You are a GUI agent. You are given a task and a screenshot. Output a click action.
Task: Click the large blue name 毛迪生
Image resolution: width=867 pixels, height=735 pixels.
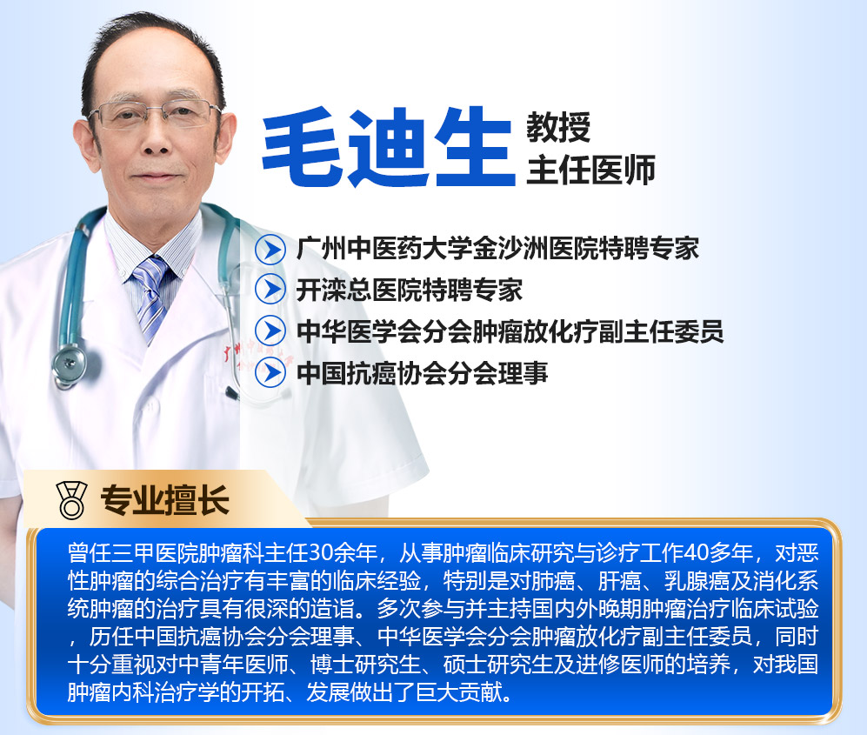pyautogui.click(x=389, y=147)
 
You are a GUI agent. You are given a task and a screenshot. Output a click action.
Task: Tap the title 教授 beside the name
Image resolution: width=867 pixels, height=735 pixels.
pyautogui.click(x=558, y=127)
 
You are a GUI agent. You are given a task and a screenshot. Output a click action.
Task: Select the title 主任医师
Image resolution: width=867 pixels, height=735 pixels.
pyautogui.click(x=590, y=170)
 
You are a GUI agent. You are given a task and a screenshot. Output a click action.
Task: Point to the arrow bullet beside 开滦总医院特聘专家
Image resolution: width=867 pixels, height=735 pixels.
pyautogui.click(x=270, y=290)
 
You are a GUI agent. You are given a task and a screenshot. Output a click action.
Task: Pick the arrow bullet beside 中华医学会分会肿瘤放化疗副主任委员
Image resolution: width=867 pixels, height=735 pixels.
pyautogui.click(x=270, y=331)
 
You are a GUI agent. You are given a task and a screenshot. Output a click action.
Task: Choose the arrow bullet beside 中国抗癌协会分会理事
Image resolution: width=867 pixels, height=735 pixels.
pyautogui.click(x=270, y=372)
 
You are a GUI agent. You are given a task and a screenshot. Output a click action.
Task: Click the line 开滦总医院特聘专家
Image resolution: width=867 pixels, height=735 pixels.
pyautogui.click(x=410, y=290)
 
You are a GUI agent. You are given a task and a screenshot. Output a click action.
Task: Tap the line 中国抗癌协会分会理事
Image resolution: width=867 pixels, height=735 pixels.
pyautogui.click(x=422, y=373)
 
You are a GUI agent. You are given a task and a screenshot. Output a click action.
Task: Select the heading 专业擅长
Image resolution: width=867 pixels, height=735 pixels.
pyautogui.click(x=164, y=500)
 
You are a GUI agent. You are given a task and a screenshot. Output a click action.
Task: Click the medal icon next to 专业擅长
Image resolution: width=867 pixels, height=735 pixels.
pyautogui.click(x=72, y=500)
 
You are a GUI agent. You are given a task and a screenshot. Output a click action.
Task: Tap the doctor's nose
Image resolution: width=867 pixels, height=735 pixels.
pyautogui.click(x=156, y=141)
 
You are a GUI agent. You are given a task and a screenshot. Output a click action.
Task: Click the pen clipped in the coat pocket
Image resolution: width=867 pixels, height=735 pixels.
pyautogui.click(x=231, y=393)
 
